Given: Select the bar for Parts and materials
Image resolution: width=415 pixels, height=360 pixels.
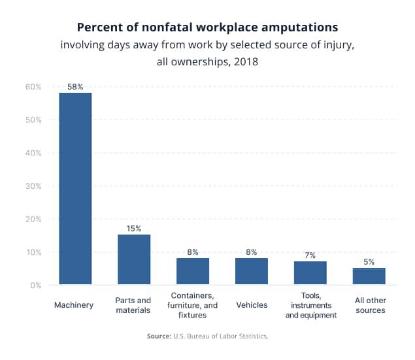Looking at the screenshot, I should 134,259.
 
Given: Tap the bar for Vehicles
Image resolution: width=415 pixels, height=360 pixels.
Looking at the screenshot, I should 252,271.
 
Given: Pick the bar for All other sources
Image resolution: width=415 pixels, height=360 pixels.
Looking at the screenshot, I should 369,276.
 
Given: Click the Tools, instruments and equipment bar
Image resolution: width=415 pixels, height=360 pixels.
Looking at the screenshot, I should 310,273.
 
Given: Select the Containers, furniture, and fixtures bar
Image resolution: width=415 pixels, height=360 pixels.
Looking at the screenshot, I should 193,271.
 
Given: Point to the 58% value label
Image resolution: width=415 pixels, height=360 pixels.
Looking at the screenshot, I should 75,86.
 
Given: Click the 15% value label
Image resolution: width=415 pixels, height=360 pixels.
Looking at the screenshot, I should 134,229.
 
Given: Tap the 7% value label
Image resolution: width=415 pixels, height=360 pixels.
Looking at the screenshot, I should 310,255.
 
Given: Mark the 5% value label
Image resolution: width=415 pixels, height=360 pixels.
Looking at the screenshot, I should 369,261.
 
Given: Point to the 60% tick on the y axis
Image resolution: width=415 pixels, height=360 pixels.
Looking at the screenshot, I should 33,87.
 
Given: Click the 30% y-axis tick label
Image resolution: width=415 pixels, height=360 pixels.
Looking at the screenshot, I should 33,186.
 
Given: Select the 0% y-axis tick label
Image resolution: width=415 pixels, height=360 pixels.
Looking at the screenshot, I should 36,285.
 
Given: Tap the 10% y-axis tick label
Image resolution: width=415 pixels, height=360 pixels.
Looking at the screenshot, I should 33,252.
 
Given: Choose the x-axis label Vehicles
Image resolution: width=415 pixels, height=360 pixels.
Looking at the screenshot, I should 252,304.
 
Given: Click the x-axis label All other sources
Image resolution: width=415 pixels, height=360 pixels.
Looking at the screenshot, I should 369,305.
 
